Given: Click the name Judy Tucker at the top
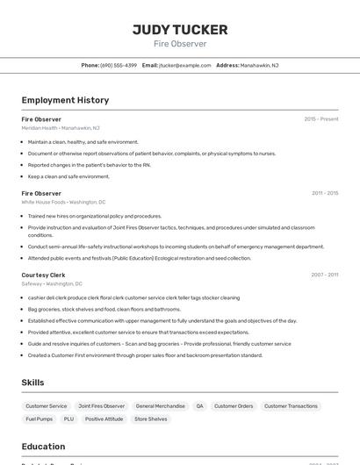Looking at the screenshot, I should tap(180, 29).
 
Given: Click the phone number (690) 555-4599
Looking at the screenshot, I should tap(119, 65).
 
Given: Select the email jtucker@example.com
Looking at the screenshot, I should tap(185, 65).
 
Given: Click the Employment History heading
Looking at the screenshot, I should tap(65, 100).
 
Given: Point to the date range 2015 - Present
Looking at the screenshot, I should tap(321, 118).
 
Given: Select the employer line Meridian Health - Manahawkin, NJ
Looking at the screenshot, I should tap(61, 128).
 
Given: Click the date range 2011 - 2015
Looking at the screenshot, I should tap(325, 193).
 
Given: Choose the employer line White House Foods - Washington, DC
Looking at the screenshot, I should tap(63, 202).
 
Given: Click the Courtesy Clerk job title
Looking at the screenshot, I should tap(43, 275).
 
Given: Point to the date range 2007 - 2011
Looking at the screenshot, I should tap(325, 275).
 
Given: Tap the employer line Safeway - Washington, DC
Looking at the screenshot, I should tap(52, 284).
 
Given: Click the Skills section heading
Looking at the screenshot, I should tap(32, 383).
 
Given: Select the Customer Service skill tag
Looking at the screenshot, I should tap(46, 406).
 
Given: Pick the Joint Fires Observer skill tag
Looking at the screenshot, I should tap(102, 406).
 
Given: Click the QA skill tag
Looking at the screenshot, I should tap(199, 406).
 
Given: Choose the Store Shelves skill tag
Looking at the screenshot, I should tap(151, 419).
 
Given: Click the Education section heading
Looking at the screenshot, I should tap(43, 446).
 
